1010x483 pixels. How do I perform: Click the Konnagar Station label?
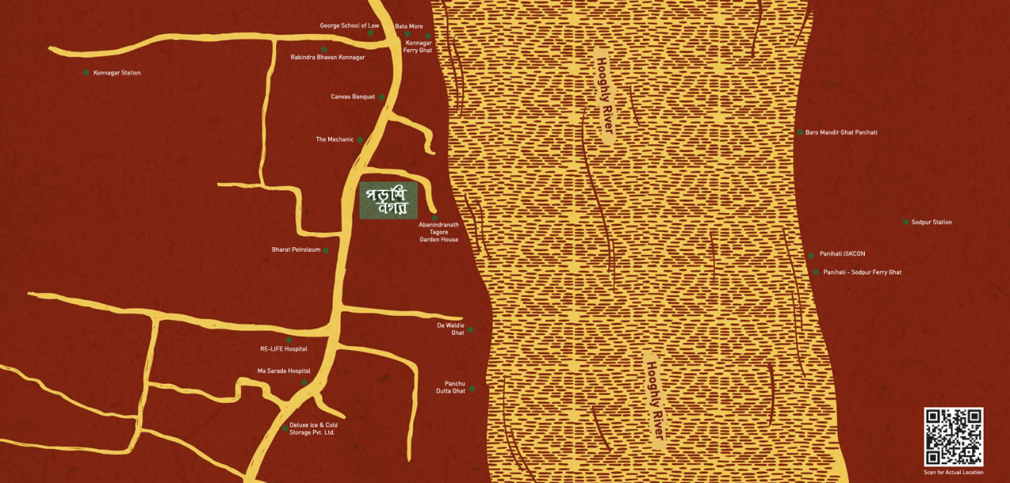(x=116, y=73)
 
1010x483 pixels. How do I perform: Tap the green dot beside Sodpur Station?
(x=906, y=222)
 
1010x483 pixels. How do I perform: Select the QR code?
(x=953, y=437)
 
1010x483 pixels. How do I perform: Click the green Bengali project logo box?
(x=388, y=201)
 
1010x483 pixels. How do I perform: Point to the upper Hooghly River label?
(x=604, y=98)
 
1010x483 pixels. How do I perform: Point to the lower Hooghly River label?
(x=655, y=401)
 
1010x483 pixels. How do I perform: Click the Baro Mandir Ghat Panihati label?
(x=841, y=132)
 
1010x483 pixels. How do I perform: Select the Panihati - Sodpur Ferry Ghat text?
(x=862, y=272)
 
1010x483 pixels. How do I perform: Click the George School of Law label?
(x=349, y=26)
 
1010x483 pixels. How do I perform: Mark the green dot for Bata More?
(x=407, y=34)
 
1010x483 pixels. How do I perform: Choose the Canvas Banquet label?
(x=352, y=97)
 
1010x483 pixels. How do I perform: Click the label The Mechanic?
(x=334, y=140)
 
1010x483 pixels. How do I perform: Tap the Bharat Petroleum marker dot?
(x=326, y=250)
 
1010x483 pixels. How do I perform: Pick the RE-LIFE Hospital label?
(x=283, y=349)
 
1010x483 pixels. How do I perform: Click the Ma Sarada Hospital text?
(x=283, y=371)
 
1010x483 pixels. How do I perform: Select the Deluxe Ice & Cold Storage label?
(x=314, y=429)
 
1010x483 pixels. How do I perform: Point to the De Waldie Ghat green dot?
(x=470, y=330)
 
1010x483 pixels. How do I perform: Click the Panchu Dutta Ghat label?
(x=451, y=387)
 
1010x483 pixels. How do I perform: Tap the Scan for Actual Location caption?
(x=953, y=472)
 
